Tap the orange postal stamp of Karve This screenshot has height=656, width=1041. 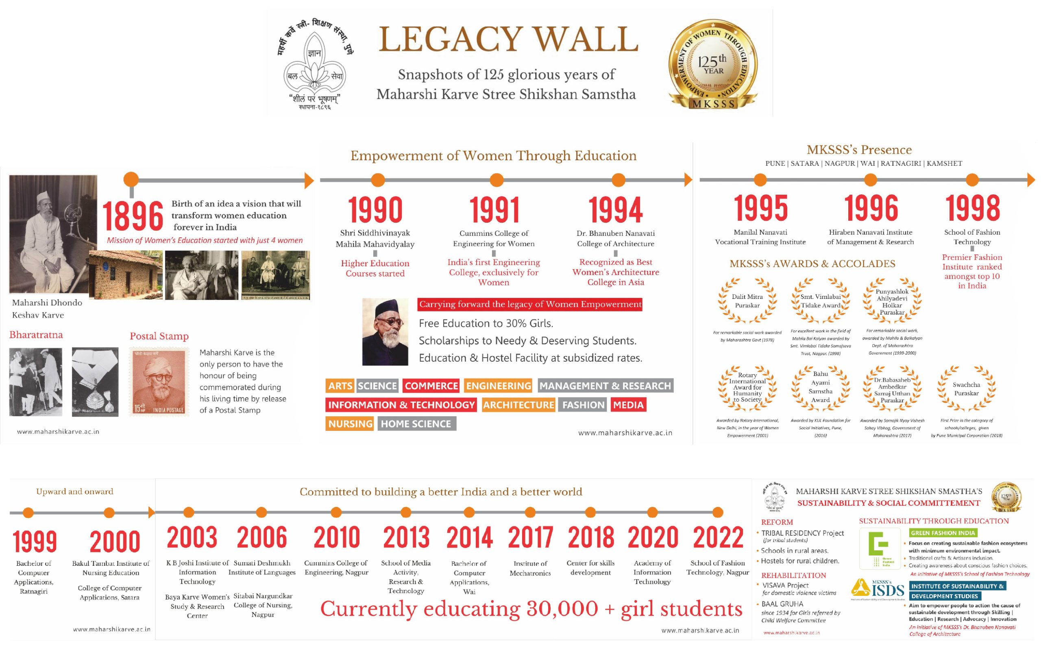coord(159,382)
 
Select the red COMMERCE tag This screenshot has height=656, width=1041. coord(431,386)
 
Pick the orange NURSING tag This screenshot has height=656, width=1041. coord(350,424)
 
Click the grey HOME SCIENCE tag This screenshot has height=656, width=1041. coord(416,424)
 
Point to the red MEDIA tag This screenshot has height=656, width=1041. coord(628,405)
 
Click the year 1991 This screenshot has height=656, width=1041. coord(494,210)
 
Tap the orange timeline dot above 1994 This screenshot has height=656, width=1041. coord(619,180)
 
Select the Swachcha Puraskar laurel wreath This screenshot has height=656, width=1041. coord(966,389)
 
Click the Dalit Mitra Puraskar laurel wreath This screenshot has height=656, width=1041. coord(747,301)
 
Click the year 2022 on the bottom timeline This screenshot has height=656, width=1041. coord(718,538)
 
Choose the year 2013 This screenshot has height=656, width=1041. coord(406,538)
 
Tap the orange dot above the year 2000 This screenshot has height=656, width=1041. coord(109,513)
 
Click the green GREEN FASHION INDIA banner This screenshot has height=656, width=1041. coord(943,533)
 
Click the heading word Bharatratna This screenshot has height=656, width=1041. coord(36,335)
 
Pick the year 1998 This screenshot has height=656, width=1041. coord(972,208)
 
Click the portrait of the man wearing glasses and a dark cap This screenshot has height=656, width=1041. coord(385,332)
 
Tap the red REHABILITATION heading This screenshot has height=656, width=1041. coord(793,575)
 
